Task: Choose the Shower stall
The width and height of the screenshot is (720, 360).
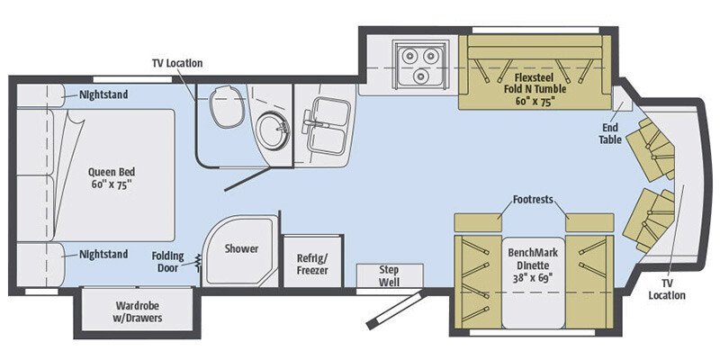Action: point(240,253)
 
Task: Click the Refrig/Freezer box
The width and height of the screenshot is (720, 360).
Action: point(312,264)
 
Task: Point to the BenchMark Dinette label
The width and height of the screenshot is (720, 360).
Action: point(535,261)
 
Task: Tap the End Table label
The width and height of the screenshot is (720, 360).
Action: point(611,134)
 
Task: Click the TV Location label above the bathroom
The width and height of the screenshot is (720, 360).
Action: point(176,63)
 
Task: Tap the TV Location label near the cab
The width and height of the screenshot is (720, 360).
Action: point(666,289)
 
